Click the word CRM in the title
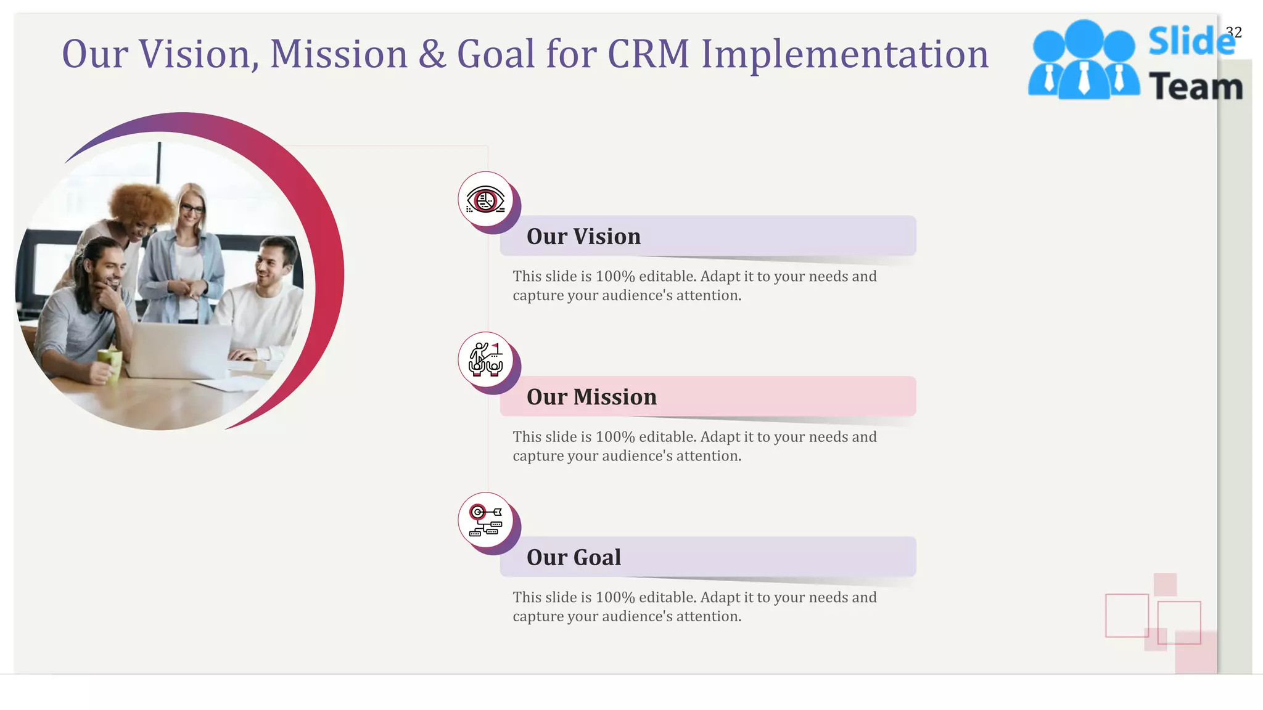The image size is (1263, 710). pyautogui.click(x=648, y=54)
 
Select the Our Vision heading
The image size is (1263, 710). pyautogui.click(x=583, y=237)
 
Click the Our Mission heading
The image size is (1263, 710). pyautogui.click(x=591, y=397)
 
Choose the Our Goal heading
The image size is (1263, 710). pyautogui.click(x=574, y=557)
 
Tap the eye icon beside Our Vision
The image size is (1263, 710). pyautogui.click(x=485, y=200)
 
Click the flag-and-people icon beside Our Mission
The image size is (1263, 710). pyautogui.click(x=485, y=360)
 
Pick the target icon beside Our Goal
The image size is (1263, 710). pyautogui.click(x=485, y=520)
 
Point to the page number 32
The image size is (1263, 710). pyautogui.click(x=1233, y=32)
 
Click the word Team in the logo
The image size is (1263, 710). pyautogui.click(x=1196, y=86)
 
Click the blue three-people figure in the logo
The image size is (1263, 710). pyautogui.click(x=1084, y=60)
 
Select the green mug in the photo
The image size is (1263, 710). pyautogui.click(x=110, y=364)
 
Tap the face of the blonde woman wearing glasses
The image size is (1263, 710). pyautogui.click(x=192, y=213)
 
